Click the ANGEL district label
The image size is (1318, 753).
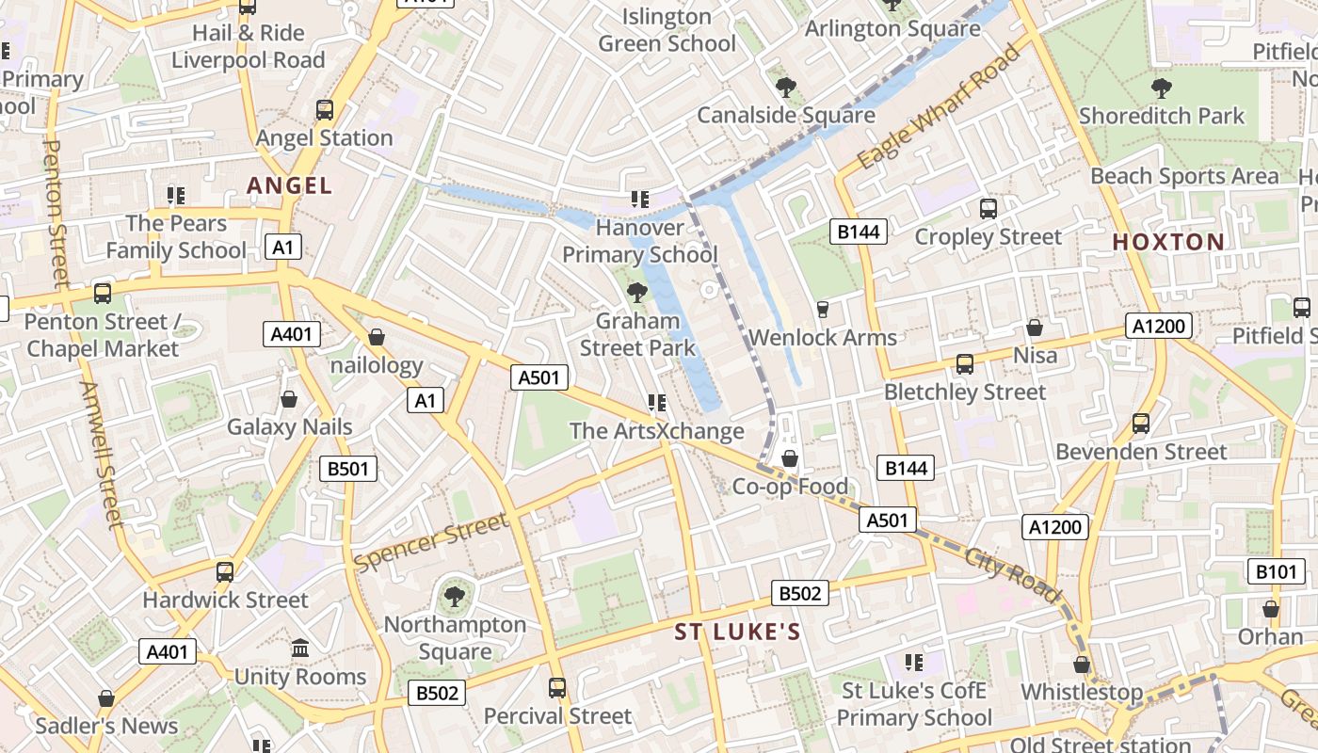pyautogui.click(x=289, y=185)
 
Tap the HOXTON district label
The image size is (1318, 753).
pyautogui.click(x=1168, y=242)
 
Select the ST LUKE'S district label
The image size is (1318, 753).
pyautogui.click(x=737, y=632)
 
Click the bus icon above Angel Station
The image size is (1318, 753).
pyautogui.click(x=325, y=110)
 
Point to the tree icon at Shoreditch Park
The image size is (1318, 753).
pyautogui.click(x=1162, y=88)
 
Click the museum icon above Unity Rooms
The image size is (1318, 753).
pyautogui.click(x=300, y=649)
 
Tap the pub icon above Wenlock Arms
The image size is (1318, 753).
pyautogui.click(x=822, y=309)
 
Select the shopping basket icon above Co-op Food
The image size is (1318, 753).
pyautogui.click(x=790, y=458)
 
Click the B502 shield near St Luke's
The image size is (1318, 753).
pyautogui.click(x=800, y=593)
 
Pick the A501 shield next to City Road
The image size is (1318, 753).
pyautogui.click(x=887, y=520)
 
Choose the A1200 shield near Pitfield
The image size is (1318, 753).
pyautogui.click(x=1160, y=327)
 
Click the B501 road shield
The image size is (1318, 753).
pyautogui.click(x=347, y=469)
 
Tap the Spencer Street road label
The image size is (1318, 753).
pyautogui.click(x=431, y=543)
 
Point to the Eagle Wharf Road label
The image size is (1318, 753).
pyautogui.click(x=939, y=107)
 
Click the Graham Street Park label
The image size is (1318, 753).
pyautogui.click(x=637, y=334)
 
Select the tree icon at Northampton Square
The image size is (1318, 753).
pyautogui.click(x=455, y=596)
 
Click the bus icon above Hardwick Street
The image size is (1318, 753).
pyautogui.click(x=225, y=571)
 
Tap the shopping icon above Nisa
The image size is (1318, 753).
pyautogui.click(x=1035, y=328)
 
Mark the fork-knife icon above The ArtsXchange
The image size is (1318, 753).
pyautogui.click(x=657, y=403)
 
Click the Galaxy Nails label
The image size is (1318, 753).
pyautogui.click(x=289, y=426)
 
